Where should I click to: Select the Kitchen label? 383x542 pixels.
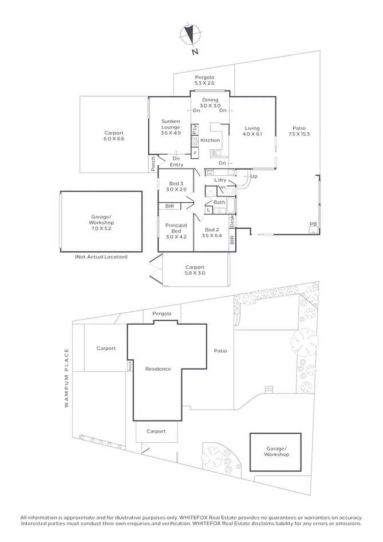click(x=210, y=140)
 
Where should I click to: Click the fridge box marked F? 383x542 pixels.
click(x=195, y=154)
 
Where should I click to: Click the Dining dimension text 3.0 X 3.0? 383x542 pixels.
click(x=210, y=106)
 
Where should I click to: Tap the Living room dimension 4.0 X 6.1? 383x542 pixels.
click(x=252, y=135)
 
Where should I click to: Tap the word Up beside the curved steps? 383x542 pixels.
click(x=254, y=176)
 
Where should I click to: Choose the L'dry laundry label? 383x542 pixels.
click(x=220, y=180)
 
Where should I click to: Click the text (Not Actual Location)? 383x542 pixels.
click(x=101, y=257)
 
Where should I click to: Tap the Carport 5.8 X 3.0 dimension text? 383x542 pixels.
click(x=195, y=273)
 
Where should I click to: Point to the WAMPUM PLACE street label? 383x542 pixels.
click(x=66, y=378)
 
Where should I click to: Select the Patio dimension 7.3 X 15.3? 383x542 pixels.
click(x=299, y=135)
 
